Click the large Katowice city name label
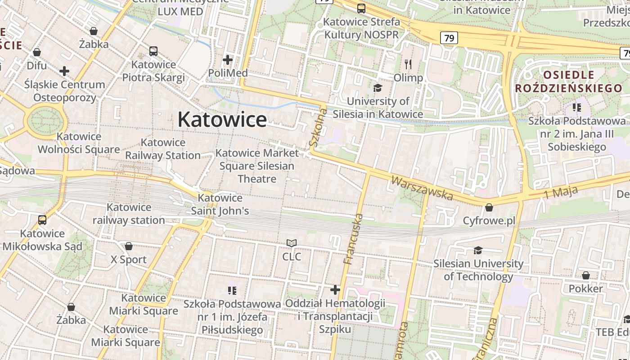point(222,120)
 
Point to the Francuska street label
point(353,239)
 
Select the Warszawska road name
point(422,188)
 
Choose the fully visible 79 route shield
point(449,38)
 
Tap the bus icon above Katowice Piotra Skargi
point(153,51)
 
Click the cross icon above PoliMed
point(228,59)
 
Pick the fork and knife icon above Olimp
point(408,64)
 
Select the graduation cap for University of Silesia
point(378,88)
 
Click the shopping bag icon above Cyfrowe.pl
point(489,207)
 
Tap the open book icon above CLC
point(292,243)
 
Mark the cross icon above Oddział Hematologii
point(335,289)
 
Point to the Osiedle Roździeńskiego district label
point(568,81)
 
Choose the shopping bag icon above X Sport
point(129,246)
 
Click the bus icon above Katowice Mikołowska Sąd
point(42,220)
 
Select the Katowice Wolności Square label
point(79,143)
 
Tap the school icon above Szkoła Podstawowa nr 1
point(232,291)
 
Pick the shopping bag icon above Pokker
point(586,275)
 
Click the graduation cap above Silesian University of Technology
point(478,250)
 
